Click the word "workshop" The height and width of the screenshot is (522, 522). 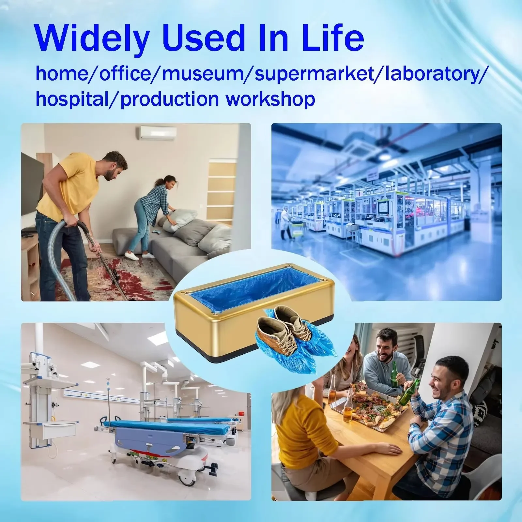[x=270, y=99]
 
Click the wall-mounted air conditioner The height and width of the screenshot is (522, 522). [x=158, y=133]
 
